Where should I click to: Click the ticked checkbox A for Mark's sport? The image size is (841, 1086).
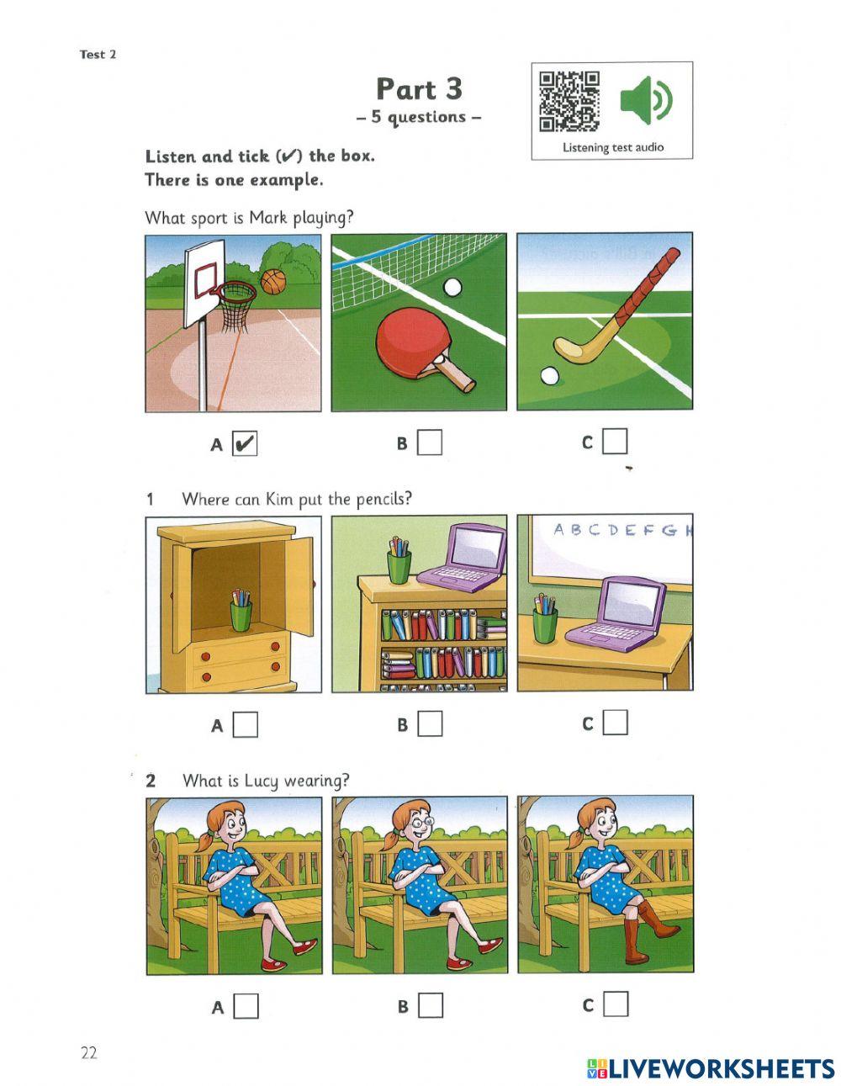point(244,443)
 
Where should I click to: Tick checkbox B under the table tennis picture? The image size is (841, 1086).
point(430,442)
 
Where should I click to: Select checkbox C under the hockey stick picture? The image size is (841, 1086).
point(615,442)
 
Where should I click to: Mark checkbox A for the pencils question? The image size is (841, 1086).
point(245,724)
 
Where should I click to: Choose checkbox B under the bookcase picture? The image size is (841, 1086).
point(430,723)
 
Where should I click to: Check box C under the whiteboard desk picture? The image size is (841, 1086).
point(615,723)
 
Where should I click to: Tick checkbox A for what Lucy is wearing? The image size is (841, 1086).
point(246,1006)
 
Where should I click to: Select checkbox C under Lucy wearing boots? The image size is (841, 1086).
point(616,1004)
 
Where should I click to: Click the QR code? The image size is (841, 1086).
point(569,101)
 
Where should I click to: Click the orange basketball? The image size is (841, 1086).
point(273,281)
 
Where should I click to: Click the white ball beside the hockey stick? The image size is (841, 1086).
point(549,375)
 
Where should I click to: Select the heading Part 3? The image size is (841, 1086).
point(419,89)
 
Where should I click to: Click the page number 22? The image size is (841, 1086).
point(89,1053)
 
